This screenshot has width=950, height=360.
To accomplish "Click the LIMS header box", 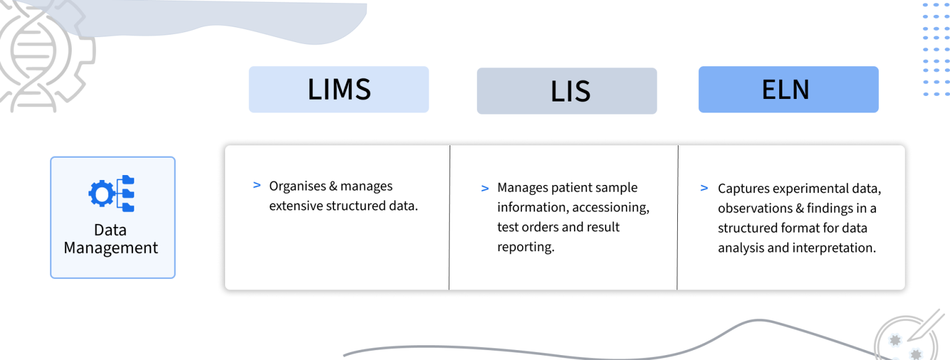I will click(x=338, y=90).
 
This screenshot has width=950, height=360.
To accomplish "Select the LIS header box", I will click(x=567, y=92).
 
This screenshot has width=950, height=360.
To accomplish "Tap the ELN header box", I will click(x=788, y=90).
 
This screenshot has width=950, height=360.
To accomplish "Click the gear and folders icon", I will click(x=112, y=194).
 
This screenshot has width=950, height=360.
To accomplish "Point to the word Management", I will click(x=111, y=248).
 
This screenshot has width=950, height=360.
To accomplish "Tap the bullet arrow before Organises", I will click(x=257, y=185).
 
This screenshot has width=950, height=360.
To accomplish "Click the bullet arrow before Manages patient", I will click(x=485, y=187).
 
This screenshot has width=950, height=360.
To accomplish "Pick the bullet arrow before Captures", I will click(x=704, y=187).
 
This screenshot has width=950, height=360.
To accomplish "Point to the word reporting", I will click(x=524, y=247).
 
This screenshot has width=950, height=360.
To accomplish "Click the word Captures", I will click(x=743, y=188).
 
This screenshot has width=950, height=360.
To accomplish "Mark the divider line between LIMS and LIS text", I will click(x=450, y=217).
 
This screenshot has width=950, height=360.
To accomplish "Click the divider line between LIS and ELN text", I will click(x=678, y=217).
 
